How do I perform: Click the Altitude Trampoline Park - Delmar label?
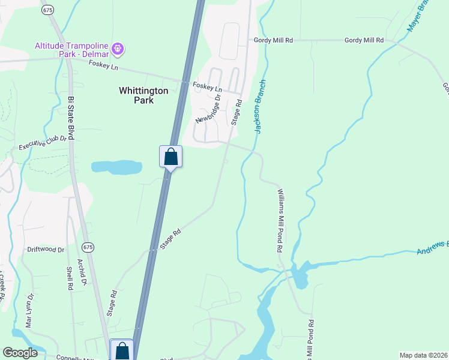tap(73, 47)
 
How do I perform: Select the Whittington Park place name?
tap(143, 95)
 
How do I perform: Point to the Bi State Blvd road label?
tap(70, 118)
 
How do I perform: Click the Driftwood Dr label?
tap(46, 250)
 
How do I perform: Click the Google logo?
tap(20, 353)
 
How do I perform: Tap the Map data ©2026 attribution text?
tap(423, 355)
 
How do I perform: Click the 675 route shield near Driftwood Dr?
tap(88, 247)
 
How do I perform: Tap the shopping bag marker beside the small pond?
tap(170, 157)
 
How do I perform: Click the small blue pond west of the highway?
tap(116, 167)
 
